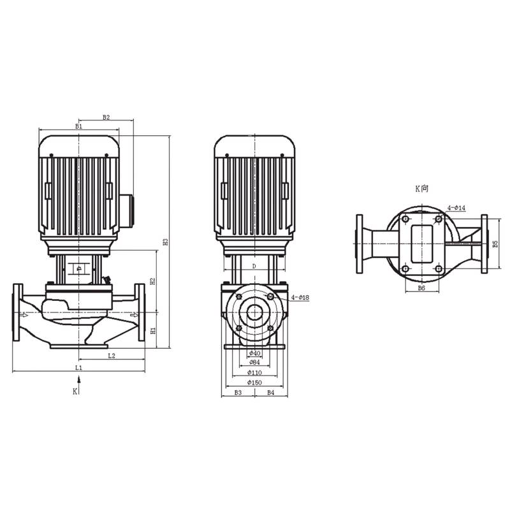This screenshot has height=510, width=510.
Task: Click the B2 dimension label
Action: pyautogui.click(x=106, y=117)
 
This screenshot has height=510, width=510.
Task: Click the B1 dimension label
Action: pyautogui.click(x=78, y=127)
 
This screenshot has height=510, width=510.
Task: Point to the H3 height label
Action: pyautogui.click(x=165, y=242)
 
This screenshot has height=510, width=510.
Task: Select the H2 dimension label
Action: pyautogui.click(x=153, y=280)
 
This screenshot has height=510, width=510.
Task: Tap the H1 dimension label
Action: pyautogui.click(x=153, y=331)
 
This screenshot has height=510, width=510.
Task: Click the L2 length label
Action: pyautogui.click(x=111, y=355)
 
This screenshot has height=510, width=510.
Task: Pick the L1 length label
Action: pyautogui.click(x=78, y=368)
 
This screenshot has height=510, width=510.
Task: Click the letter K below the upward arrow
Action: pyautogui.click(x=75, y=391)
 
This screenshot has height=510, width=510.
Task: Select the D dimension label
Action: pyautogui.click(x=253, y=265)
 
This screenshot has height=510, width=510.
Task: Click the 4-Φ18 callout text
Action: pyautogui.click(x=300, y=298)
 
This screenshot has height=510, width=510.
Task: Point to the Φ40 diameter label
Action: pyautogui.click(x=254, y=353)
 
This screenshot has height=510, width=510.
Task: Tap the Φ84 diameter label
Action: pyautogui.click(x=254, y=363)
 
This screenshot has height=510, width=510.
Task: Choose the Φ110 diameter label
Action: pyautogui.click(x=254, y=372)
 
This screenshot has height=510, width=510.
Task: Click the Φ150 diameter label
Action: pyautogui.click(x=254, y=382)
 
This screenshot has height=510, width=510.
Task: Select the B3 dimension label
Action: pyautogui.click(x=237, y=393)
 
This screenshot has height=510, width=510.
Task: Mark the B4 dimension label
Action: pyautogui.click(x=270, y=393)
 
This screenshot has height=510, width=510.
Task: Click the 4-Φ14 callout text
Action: pyautogui.click(x=456, y=208)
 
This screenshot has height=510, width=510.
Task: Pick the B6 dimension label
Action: pyautogui.click(x=421, y=288)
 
